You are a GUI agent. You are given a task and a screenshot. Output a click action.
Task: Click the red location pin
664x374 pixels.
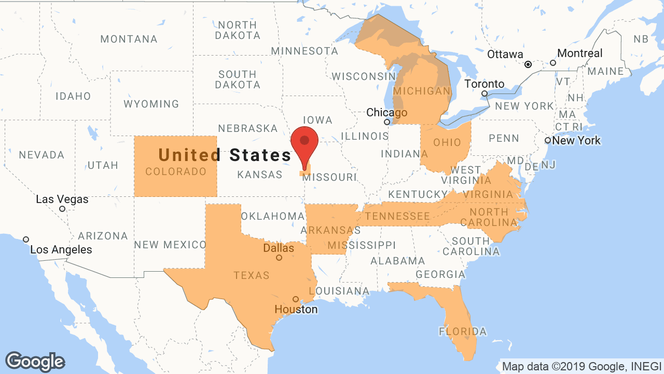click(304, 142)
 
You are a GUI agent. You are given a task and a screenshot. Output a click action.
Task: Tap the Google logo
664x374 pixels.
click(35, 362)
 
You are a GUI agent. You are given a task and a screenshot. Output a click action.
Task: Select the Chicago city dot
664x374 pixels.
click(387, 122)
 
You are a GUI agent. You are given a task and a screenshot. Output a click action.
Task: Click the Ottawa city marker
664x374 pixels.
click(528, 65)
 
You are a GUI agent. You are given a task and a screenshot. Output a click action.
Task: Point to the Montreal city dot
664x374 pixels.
click(553, 63)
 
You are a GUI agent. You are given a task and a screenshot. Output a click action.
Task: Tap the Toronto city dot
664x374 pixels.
click(485, 94)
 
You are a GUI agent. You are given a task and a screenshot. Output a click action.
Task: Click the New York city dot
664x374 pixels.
click(548, 140)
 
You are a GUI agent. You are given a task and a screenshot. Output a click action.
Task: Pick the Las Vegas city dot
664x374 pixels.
click(62, 209)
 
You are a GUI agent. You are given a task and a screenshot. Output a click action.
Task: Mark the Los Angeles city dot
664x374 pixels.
click(26, 239)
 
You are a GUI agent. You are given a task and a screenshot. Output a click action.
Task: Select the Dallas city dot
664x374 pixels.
click(279, 258)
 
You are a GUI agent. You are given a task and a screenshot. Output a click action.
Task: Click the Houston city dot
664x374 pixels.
click(296, 299)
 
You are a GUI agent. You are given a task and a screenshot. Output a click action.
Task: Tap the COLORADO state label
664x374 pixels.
click(176, 171)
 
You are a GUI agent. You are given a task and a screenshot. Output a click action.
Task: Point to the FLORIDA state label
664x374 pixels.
click(463, 331)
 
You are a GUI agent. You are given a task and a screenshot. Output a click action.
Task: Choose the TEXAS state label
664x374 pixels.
click(252, 275)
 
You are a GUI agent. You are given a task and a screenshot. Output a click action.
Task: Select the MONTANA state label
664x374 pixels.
click(129, 39)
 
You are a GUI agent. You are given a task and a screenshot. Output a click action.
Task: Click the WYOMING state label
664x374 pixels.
click(151, 104)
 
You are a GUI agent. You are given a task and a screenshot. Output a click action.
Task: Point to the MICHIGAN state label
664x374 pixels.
click(422, 91)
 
